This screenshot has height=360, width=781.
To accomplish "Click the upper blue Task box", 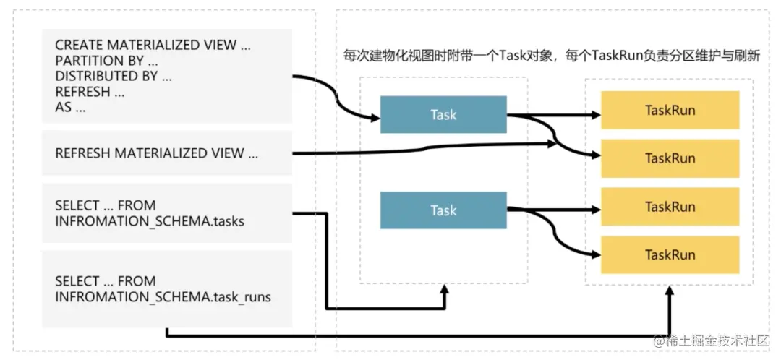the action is pyautogui.click(x=443, y=114).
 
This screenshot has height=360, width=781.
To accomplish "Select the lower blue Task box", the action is pyautogui.click(x=443, y=210).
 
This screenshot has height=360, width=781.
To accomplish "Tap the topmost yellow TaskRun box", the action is pyautogui.click(x=670, y=110).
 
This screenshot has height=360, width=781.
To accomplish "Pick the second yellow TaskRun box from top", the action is pyautogui.click(x=670, y=158).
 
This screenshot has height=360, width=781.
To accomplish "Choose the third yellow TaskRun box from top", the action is pyautogui.click(x=670, y=207).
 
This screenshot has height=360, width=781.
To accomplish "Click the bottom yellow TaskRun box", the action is pyautogui.click(x=670, y=255).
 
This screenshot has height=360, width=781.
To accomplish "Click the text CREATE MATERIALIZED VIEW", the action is pyautogui.click(x=145, y=45).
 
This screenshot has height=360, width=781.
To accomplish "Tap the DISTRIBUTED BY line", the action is pyautogui.click(x=114, y=76).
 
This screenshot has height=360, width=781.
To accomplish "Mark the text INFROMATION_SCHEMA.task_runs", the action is pyautogui.click(x=163, y=297).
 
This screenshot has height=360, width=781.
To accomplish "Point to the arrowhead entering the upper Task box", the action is pyautogui.click(x=375, y=119).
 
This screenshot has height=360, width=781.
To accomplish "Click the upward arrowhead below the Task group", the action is pyautogui.click(x=444, y=289).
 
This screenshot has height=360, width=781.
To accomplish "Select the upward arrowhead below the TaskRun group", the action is pyautogui.click(x=670, y=289).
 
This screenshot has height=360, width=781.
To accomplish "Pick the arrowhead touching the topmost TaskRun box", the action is pyautogui.click(x=596, y=115).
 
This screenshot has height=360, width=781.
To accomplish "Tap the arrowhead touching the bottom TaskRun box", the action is pyautogui.click(x=596, y=255).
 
